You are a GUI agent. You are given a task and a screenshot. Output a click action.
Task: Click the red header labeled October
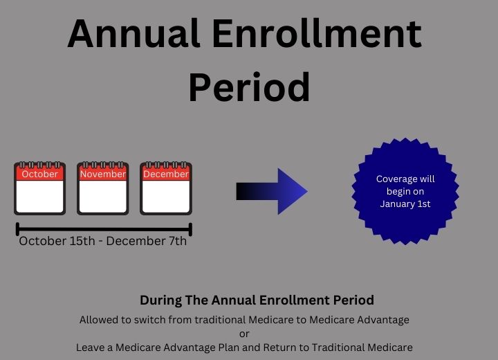point(40,174)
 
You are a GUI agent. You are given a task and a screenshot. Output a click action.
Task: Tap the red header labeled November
point(103,174)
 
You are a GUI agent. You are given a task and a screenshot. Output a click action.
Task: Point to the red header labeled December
point(166,174)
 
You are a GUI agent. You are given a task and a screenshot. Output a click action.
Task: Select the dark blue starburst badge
point(405,191)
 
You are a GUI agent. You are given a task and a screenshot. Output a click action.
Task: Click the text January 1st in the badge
point(405,204)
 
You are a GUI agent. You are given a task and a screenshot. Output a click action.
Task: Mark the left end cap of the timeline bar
point(17,228)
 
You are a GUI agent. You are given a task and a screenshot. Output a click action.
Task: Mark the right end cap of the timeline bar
point(190,228)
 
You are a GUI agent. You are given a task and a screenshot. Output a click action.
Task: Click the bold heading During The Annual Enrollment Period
point(257,300)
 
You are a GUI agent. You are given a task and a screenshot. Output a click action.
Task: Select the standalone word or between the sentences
point(244,334)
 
